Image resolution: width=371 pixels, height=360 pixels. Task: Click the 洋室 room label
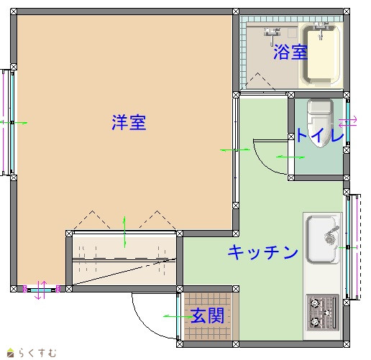[129, 123]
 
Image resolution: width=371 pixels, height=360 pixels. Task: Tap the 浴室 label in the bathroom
[290, 52]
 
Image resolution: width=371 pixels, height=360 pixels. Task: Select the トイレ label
[320, 135]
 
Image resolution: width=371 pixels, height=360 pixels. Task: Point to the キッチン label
[263, 252]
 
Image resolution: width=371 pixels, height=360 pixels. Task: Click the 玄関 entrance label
[208, 315]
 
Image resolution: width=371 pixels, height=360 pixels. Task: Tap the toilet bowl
[321, 123]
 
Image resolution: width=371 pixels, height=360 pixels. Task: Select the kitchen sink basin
[322, 239]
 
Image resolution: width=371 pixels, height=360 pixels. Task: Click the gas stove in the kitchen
[322, 313]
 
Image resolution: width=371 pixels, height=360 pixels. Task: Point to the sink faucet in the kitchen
[331, 234]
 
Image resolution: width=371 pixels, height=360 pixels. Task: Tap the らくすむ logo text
[37, 353]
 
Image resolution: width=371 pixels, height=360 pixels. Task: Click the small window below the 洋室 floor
[41, 290]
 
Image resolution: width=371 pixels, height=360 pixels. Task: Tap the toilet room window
[347, 122]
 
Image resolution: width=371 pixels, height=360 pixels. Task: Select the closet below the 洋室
[124, 259]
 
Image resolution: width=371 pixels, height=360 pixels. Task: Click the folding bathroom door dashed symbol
[257, 80]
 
